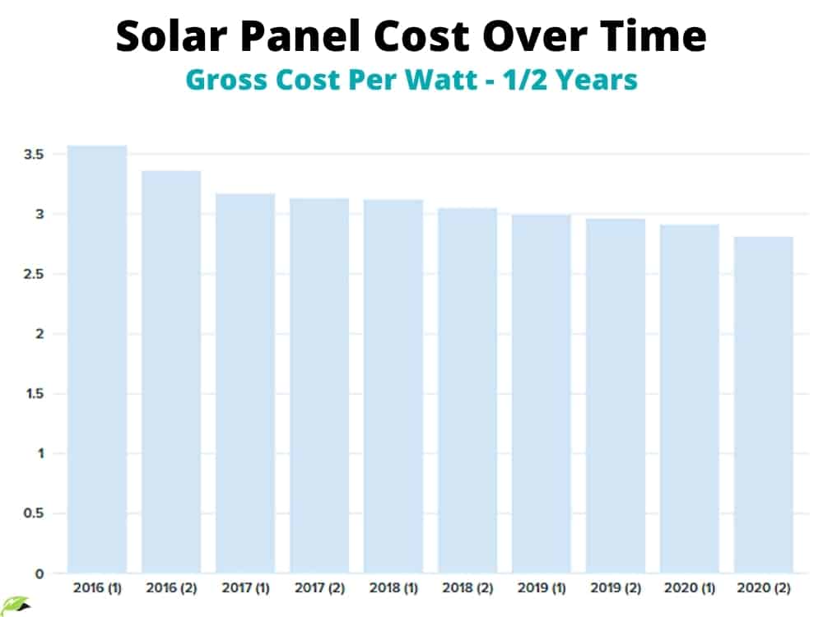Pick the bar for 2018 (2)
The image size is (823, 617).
pos(467,390)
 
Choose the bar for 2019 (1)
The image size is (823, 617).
pos(542,393)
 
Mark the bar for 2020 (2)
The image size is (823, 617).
pos(764,405)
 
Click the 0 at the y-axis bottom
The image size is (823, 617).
pos(39,573)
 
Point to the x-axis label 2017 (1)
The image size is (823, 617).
pos(245,589)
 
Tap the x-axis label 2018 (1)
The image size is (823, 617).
pos(393,589)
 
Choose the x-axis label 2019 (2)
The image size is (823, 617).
pos(616,589)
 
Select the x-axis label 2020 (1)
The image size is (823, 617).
pos(690,589)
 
